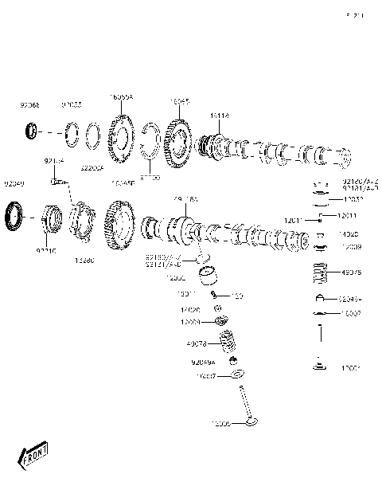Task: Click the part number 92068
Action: (x=29, y=104)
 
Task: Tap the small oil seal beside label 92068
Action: (x=31, y=130)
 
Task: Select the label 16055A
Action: (x=121, y=96)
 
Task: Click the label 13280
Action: (x=84, y=260)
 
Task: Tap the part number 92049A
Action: (x=203, y=362)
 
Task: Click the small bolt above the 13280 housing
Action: (x=57, y=181)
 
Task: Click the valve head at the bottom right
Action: (x=321, y=367)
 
